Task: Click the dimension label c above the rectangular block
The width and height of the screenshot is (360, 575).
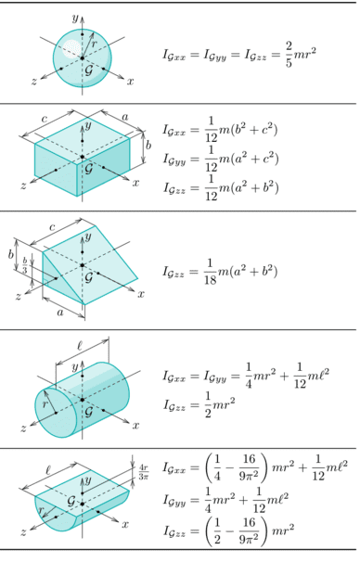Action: [x=45, y=119]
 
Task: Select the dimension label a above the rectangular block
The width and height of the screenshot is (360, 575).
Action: [x=125, y=117]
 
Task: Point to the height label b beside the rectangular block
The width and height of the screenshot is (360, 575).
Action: [x=148, y=146]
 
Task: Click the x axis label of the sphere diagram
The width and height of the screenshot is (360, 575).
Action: [x=131, y=82]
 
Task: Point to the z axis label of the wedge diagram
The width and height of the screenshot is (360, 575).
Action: [x=18, y=296]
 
